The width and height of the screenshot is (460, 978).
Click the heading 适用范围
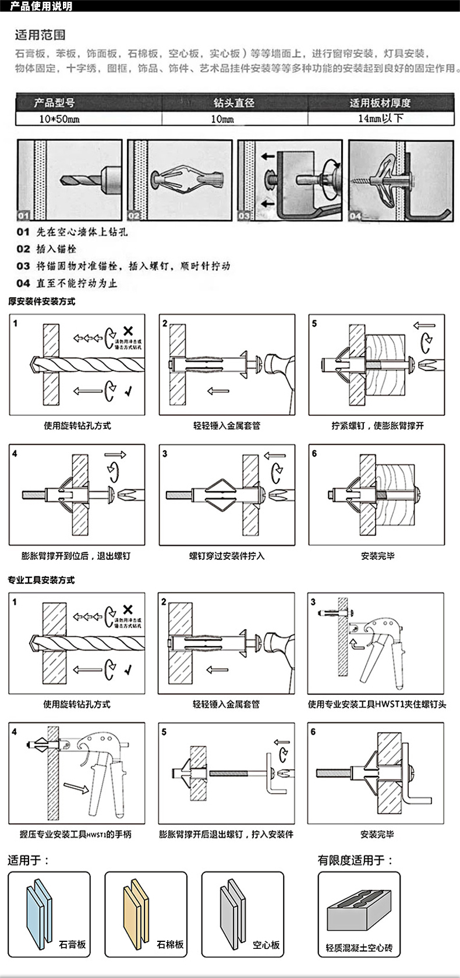40,36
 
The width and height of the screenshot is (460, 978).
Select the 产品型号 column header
54,103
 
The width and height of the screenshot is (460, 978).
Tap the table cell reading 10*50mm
59,119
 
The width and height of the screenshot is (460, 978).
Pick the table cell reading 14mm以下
380,118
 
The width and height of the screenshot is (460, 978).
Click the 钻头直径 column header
234,103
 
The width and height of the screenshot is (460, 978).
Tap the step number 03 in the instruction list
23,266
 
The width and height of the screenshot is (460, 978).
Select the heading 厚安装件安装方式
42,302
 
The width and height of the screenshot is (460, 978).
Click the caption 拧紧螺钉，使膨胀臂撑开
378,426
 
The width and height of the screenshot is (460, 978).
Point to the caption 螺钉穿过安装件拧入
227,556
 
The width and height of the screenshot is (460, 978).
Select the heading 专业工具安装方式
41,580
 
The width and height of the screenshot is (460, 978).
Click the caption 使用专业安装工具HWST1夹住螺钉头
377,704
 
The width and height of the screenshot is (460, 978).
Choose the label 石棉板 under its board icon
170,944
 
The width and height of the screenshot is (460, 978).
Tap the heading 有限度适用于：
355,860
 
